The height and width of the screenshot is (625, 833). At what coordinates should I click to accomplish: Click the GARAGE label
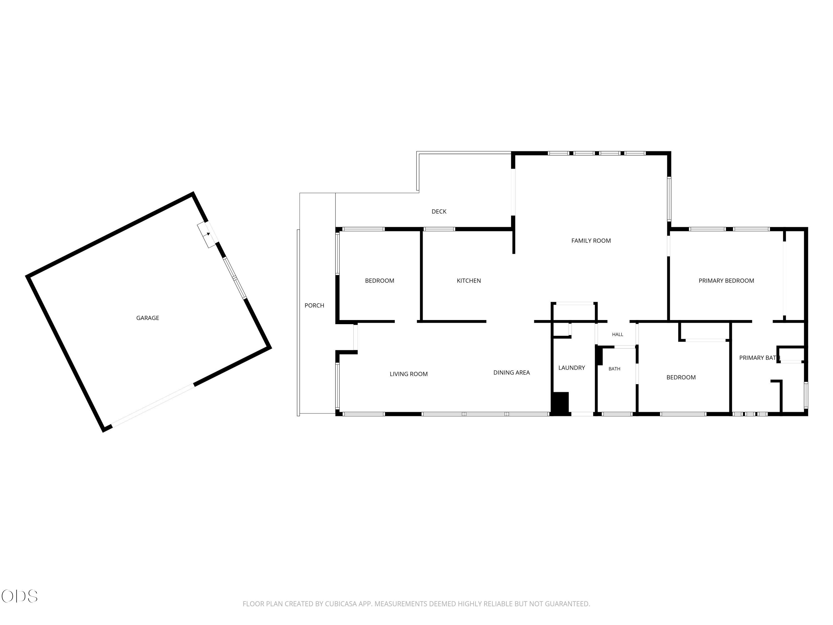pyautogui.click(x=148, y=318)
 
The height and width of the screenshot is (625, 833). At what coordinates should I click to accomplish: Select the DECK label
pyautogui.click(x=439, y=212)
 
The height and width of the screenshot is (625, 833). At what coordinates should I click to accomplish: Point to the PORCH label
pyautogui.click(x=314, y=306)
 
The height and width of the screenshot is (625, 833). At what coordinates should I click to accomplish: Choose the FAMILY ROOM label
pyautogui.click(x=591, y=241)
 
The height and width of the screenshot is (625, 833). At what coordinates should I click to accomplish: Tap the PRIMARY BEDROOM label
pyautogui.click(x=726, y=281)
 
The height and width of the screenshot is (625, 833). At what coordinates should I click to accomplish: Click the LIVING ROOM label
pyautogui.click(x=409, y=374)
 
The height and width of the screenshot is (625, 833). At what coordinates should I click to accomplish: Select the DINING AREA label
pyautogui.click(x=511, y=372)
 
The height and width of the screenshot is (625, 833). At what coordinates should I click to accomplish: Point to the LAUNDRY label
pyautogui.click(x=571, y=368)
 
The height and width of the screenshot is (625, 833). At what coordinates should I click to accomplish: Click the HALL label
pyautogui.click(x=618, y=334)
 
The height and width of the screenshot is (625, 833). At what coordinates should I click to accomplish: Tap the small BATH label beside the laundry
pyautogui.click(x=614, y=369)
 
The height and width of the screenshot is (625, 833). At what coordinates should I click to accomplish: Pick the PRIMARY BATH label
pyautogui.click(x=759, y=358)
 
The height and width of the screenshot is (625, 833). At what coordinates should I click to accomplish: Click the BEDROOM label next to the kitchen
pyautogui.click(x=379, y=281)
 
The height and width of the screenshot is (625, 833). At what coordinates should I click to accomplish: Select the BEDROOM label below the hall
pyautogui.click(x=681, y=377)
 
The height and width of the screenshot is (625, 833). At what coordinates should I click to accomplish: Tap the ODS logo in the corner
pyautogui.click(x=20, y=596)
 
